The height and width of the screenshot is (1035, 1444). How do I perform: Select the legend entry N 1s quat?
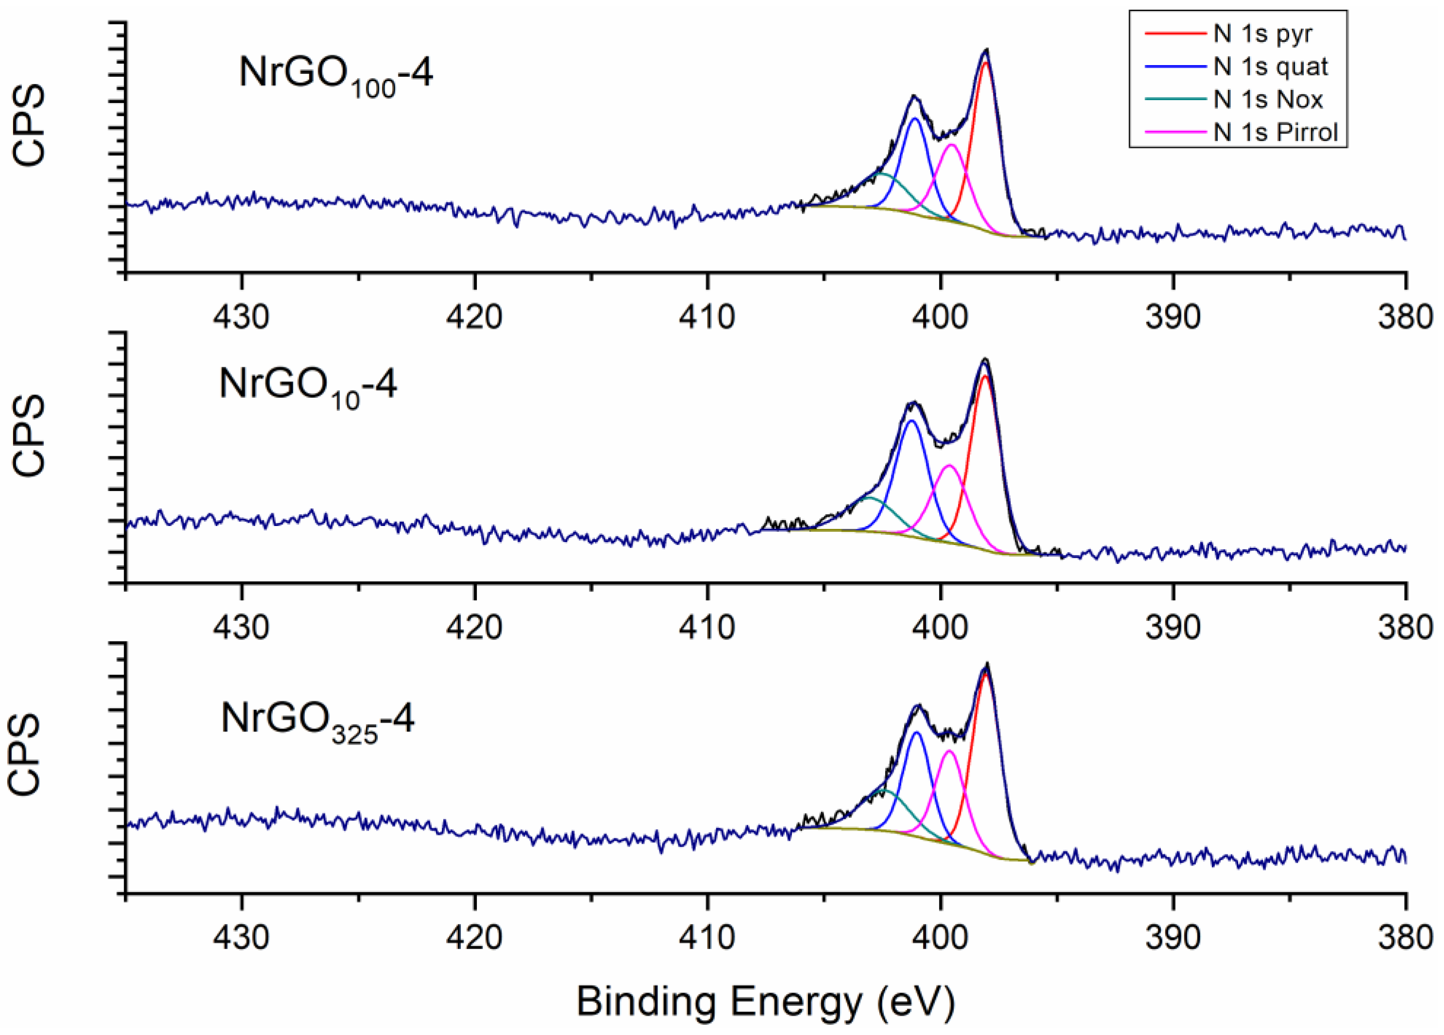pyautogui.click(x=1270, y=66)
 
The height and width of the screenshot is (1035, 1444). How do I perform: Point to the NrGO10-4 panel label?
pyautogui.click(x=307, y=387)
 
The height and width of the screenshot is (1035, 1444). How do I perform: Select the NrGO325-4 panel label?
pyautogui.click(x=317, y=721)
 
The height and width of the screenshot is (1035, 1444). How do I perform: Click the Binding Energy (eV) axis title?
pyautogui.click(x=765, y=1001)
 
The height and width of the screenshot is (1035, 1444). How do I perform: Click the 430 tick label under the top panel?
pyautogui.click(x=241, y=317)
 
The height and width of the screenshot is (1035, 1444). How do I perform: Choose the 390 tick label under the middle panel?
pyautogui.click(x=1173, y=628)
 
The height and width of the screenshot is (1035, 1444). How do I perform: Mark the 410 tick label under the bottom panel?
pyautogui.click(x=707, y=937)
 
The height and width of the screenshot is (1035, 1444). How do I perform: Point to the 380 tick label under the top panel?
pyautogui.click(x=1405, y=317)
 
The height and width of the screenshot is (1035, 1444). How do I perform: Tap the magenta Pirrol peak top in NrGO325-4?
pyautogui.click(x=949, y=751)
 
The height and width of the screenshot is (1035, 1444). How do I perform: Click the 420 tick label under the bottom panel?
pyautogui.click(x=474, y=937)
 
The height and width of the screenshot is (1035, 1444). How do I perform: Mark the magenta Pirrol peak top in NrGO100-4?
pyautogui.click(x=952, y=145)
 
